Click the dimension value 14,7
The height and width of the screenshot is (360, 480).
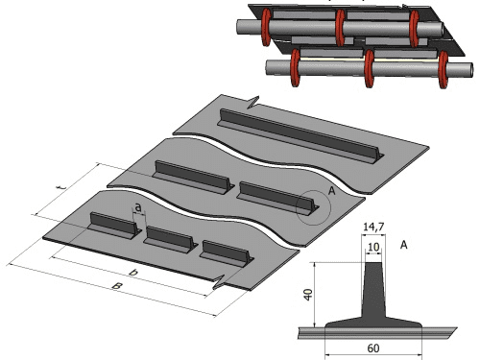coord(373,227)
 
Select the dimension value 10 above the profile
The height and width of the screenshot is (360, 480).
coord(373,247)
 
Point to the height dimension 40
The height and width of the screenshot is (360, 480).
coord(308,295)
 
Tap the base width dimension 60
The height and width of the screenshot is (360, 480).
coord(373,348)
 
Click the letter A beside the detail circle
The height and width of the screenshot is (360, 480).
coord(332,191)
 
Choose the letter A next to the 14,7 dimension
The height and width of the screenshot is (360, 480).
coord(404,245)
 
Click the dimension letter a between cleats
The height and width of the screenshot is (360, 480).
coord(138,207)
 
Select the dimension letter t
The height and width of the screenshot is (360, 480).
coord(62,187)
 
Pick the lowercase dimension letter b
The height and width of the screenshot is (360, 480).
coord(133,273)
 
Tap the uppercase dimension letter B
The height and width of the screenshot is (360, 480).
coord(117,286)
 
